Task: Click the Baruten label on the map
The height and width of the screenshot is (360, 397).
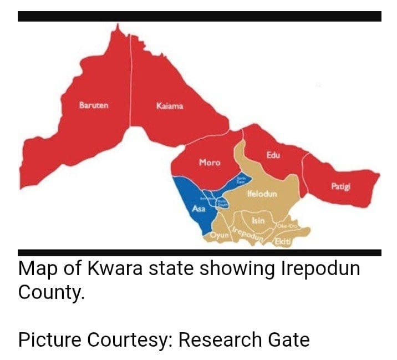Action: (x=94, y=105)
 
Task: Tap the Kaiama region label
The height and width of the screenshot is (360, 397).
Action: (x=170, y=105)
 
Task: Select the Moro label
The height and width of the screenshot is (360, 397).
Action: (x=210, y=163)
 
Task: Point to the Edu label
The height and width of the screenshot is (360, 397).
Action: (x=273, y=155)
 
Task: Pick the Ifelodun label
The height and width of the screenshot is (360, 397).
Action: (x=262, y=195)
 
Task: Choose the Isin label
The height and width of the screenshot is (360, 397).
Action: (x=258, y=221)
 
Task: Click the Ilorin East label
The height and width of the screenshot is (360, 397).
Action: (x=241, y=179)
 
